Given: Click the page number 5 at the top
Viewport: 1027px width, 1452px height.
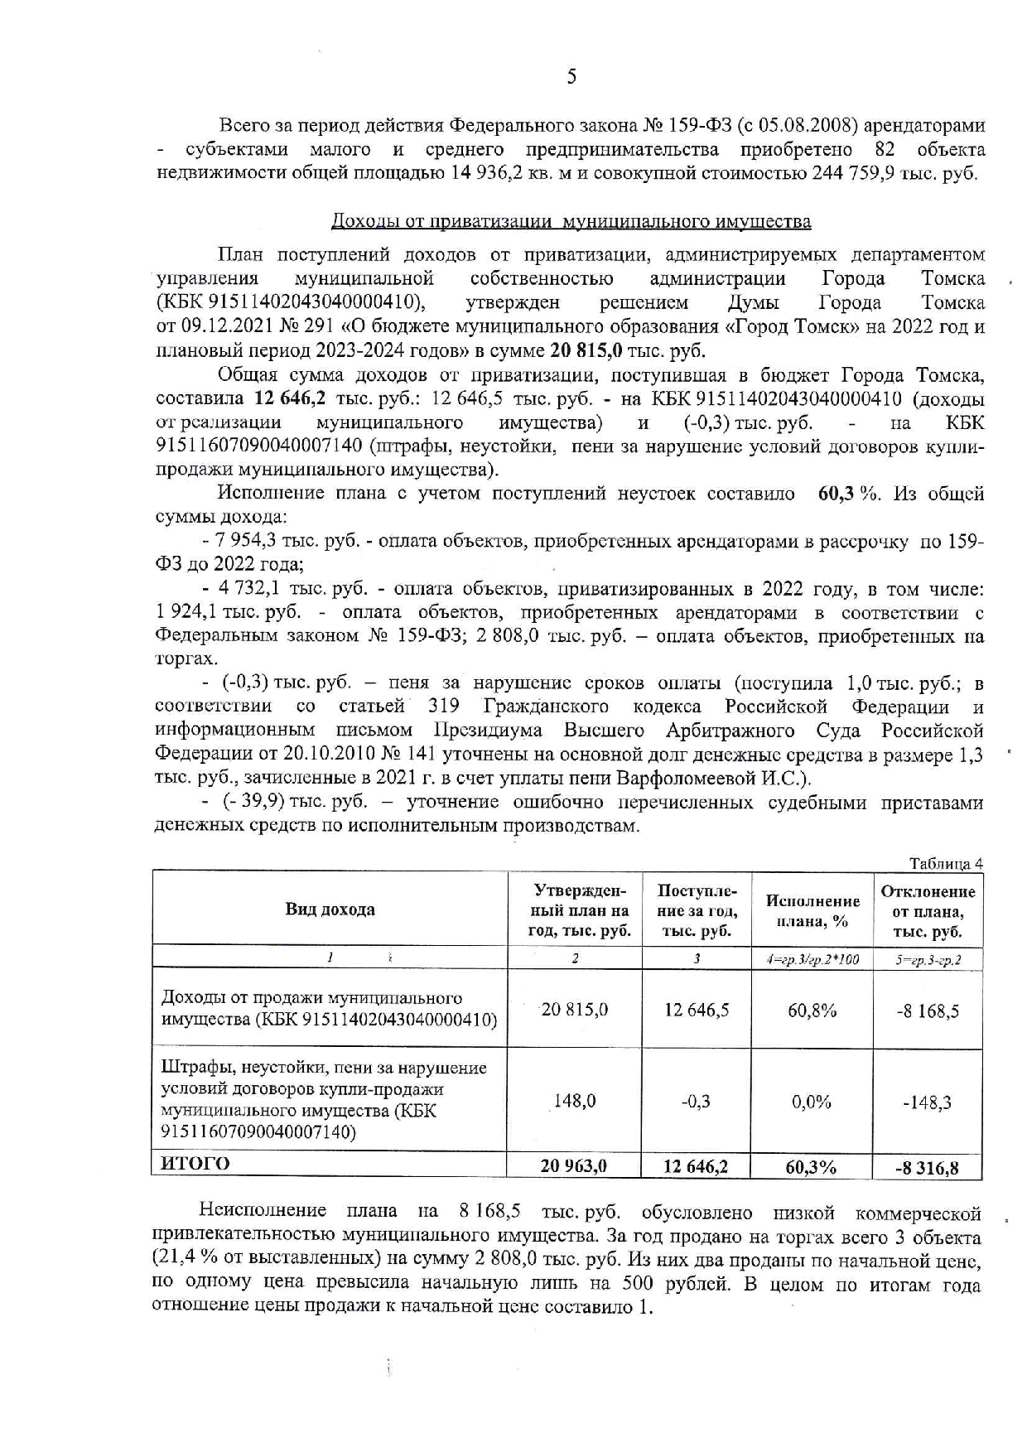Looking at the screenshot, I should [571, 77].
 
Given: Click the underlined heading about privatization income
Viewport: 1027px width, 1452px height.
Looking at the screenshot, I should [571, 221].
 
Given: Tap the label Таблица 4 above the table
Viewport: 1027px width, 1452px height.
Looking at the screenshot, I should [946, 863].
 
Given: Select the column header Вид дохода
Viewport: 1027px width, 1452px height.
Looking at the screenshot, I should [330, 909].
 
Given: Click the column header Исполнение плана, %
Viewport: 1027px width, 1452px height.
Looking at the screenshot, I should [812, 910].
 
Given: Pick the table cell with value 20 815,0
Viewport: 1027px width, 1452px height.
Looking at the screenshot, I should [575, 1009].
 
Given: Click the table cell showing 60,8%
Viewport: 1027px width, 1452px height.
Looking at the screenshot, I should [812, 1011].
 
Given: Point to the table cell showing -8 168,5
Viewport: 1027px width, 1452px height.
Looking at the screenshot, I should [928, 1011].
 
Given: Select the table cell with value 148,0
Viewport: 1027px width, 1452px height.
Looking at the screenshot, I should [575, 1101].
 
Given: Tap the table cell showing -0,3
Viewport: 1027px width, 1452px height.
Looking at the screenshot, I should [696, 1101].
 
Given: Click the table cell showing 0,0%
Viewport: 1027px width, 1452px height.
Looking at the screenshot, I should [812, 1102].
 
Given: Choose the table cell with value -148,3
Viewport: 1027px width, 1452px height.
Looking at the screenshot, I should [928, 1102].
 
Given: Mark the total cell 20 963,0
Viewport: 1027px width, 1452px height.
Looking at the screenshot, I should [574, 1165].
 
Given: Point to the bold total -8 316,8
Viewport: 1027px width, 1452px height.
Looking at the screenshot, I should [927, 1168].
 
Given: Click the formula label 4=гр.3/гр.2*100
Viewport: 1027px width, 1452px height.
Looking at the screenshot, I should [812, 959].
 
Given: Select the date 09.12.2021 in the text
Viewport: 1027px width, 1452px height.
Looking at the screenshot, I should [228, 326].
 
